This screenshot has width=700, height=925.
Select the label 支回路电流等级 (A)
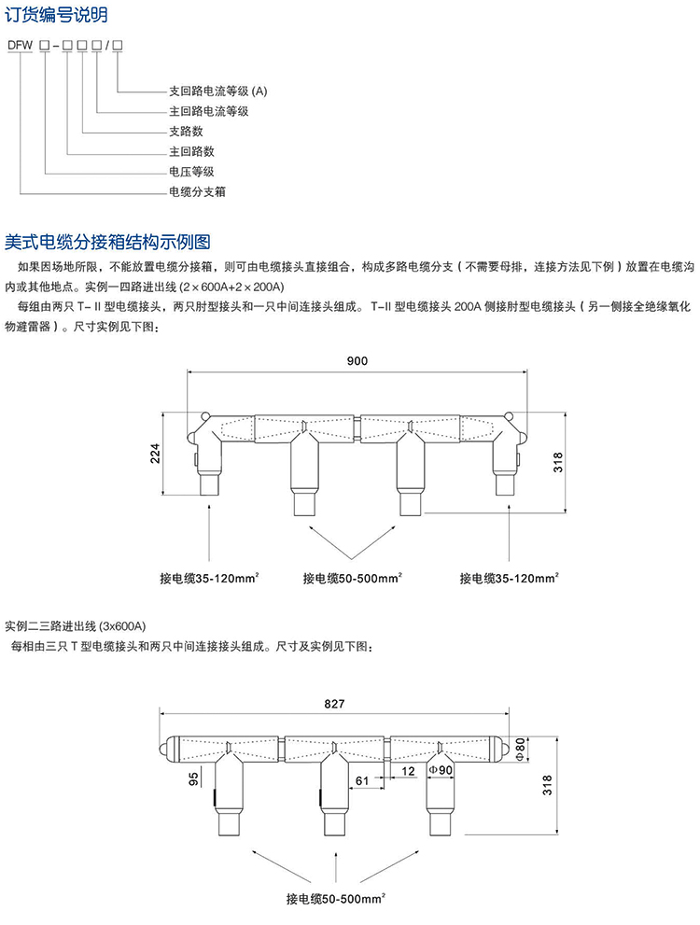pyautogui.click(x=217, y=91)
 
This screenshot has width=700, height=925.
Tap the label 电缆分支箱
pyautogui.click(x=197, y=191)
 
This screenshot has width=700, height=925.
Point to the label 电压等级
pyautogui.click(x=191, y=171)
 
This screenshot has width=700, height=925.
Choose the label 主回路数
pyautogui.click(x=191, y=150)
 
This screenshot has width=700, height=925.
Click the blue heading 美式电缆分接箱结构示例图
pyautogui.click(x=108, y=242)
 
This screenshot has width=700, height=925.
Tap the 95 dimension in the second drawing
pyautogui.click(x=193, y=778)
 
